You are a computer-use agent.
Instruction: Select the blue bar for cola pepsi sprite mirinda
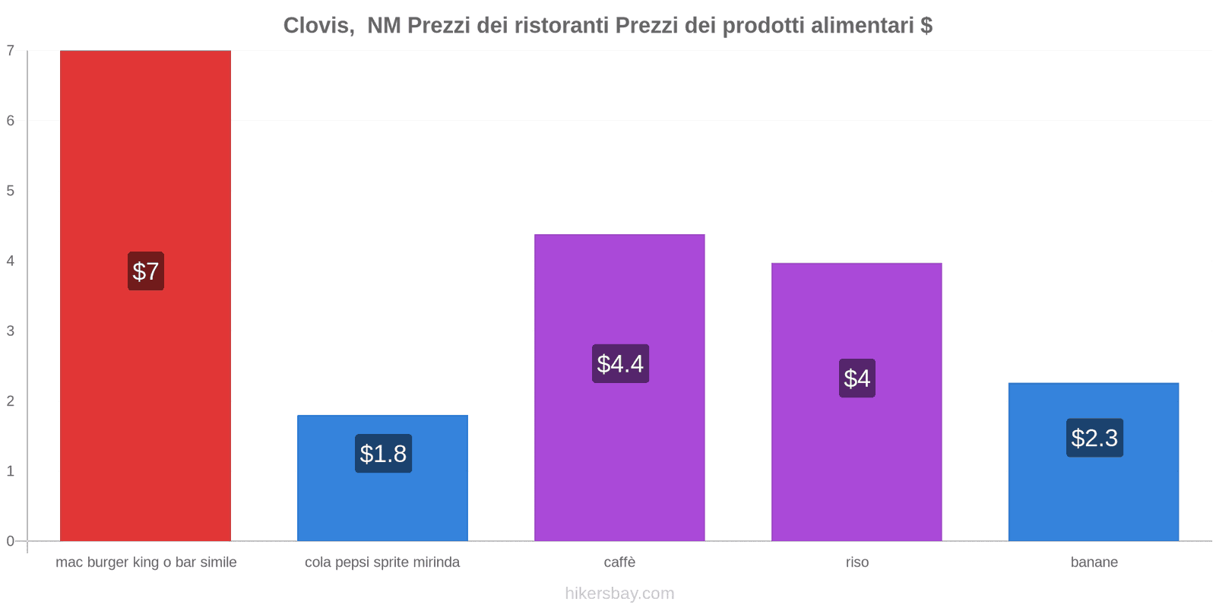tap(382, 502)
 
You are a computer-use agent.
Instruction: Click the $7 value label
tap(146, 271)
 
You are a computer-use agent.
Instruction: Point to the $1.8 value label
tap(383, 454)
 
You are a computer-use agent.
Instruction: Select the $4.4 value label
tap(620, 364)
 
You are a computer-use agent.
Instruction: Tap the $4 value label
tap(857, 378)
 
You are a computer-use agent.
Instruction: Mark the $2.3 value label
tap(1094, 438)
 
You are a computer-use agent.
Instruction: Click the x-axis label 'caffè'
tap(619, 562)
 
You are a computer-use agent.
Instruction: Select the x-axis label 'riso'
tap(857, 562)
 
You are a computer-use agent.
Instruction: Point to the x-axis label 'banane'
tap(1094, 562)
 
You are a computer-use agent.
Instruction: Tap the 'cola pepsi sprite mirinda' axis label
tap(382, 562)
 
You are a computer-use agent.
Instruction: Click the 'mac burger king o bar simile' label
tap(146, 562)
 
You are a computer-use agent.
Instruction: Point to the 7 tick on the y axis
tap(11, 51)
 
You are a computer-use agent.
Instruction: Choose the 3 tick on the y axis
tap(11, 331)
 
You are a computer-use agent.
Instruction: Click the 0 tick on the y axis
tap(11, 541)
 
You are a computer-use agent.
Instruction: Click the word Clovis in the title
tap(318, 26)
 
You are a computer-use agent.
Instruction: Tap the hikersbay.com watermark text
tap(619, 594)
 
